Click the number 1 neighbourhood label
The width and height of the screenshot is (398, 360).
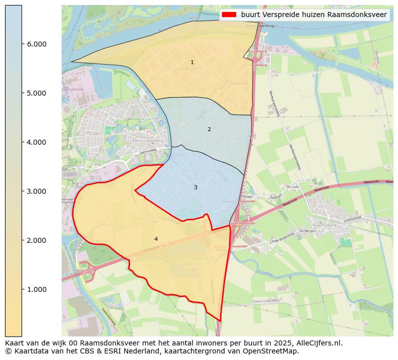[192, 63]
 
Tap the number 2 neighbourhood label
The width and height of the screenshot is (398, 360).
[209, 130]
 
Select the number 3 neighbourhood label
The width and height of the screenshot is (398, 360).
[195, 187]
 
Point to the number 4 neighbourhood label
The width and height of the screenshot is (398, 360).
[156, 239]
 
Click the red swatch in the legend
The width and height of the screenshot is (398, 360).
[229, 15]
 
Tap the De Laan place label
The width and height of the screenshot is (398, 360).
[292, 186]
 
